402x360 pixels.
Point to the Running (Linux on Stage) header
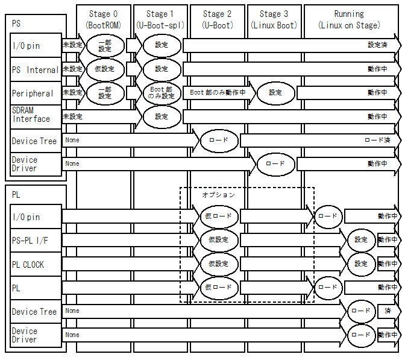pos(349,19)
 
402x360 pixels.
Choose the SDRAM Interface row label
pos(31,115)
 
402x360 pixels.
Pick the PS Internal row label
pos(35,70)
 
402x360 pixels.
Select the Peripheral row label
pos(33,93)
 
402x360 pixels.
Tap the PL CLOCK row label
pos(28,265)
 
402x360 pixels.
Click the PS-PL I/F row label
pos(30,241)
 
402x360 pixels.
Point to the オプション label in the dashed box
pos(218,195)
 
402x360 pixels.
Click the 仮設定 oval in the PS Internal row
pos(105,69)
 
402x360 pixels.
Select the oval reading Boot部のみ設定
pos(162,93)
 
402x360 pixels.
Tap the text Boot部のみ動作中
pos(218,93)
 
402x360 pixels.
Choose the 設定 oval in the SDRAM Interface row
pos(162,117)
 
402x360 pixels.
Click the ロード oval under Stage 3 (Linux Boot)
pos(275,163)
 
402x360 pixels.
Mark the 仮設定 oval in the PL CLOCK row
pos(218,264)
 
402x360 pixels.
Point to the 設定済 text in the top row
pos(378,45)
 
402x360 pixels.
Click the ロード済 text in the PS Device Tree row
pos(377,140)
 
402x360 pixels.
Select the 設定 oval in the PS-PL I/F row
pos(361,240)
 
